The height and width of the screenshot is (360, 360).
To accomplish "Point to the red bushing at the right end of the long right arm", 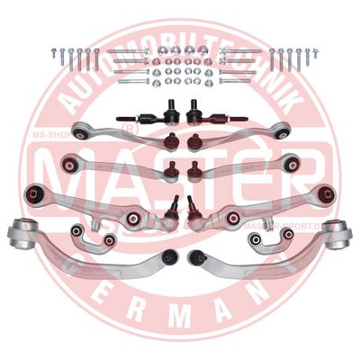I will click(325, 193).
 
